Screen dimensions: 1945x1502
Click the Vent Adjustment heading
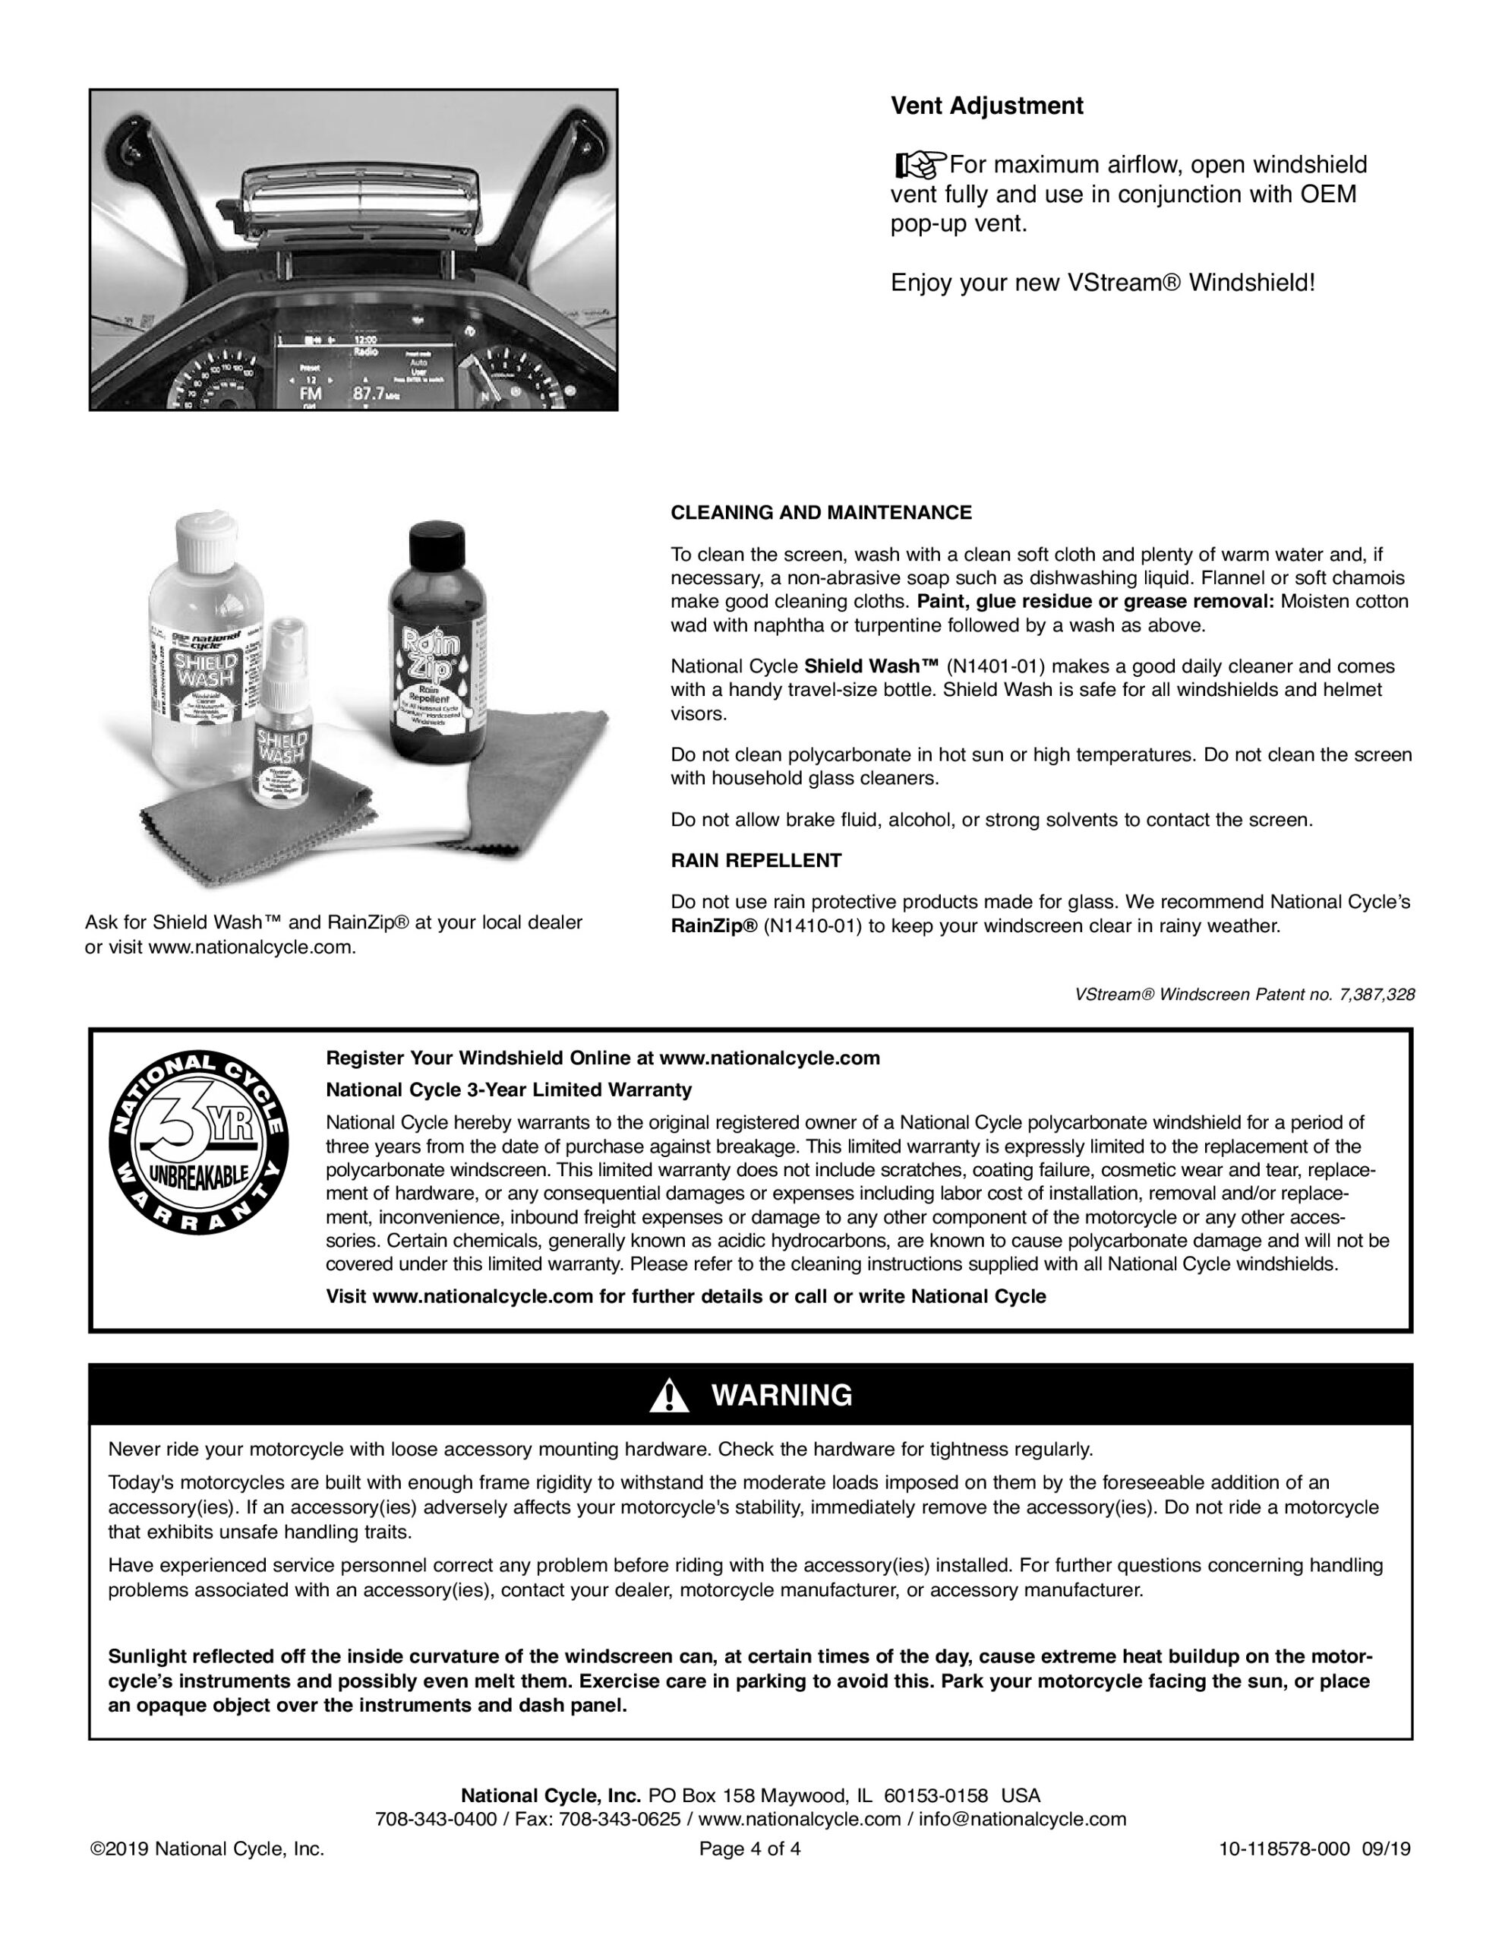click(x=986, y=106)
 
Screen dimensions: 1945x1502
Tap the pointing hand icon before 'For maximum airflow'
click(x=918, y=165)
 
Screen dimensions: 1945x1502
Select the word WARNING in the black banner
click(x=781, y=1396)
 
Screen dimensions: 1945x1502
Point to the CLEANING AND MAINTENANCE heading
click(x=821, y=513)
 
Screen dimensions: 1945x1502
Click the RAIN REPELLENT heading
click(x=756, y=861)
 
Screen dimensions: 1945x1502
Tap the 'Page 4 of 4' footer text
click(x=749, y=1849)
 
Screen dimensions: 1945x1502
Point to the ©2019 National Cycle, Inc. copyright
click(x=207, y=1849)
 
